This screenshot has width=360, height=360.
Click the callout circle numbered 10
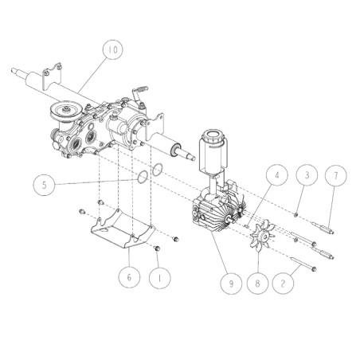112,50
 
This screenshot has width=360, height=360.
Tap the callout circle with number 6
127,277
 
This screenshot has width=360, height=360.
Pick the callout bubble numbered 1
159,277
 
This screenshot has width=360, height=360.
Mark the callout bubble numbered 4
276,174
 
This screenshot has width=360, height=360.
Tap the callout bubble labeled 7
335,174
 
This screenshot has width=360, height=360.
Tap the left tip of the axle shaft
14,73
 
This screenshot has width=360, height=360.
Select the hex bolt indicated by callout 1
156,250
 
